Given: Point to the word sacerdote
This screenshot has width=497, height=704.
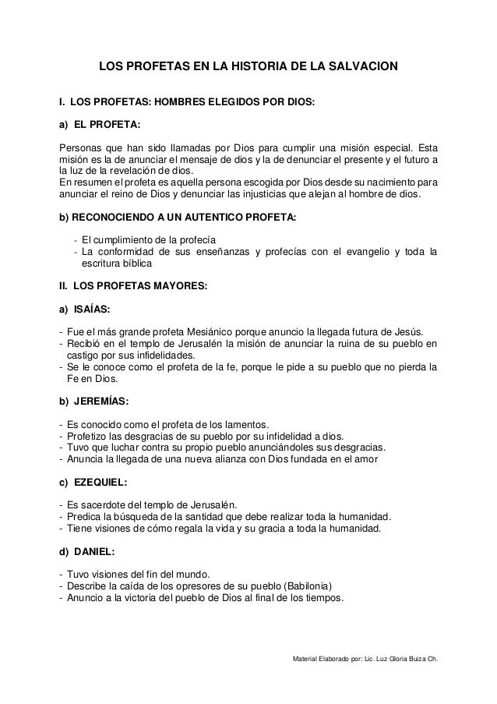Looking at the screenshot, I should coord(104,504).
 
